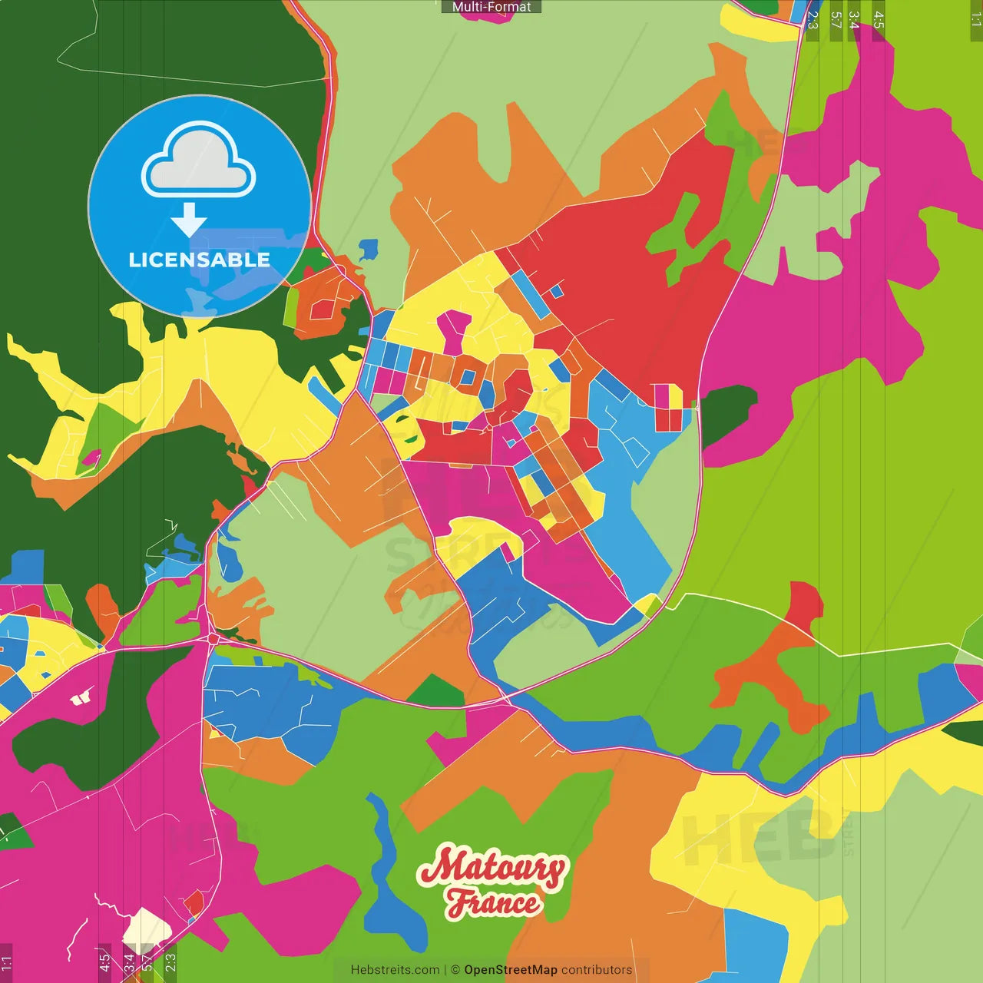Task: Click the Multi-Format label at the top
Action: (491, 7)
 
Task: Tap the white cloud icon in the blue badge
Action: (199, 162)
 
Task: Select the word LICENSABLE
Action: (199, 260)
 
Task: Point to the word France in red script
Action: (493, 903)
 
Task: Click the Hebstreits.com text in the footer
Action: (395, 970)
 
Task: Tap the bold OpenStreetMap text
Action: (510, 970)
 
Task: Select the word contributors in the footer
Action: (597, 970)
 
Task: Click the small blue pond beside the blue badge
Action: (369, 249)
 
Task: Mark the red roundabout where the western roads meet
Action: (213, 638)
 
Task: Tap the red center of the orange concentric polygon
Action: (323, 309)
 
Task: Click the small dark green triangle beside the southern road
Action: (435, 691)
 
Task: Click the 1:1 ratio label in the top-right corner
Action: (975, 20)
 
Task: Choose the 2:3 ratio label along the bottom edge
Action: (170, 962)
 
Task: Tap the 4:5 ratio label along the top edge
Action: (878, 20)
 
